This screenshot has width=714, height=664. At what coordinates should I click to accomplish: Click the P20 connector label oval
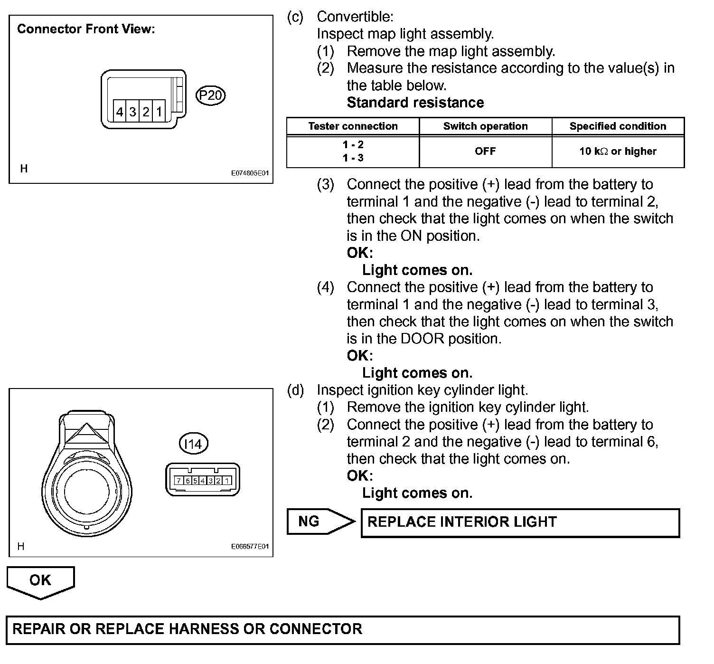[x=210, y=95]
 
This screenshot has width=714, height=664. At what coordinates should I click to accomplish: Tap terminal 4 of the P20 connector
[x=120, y=112]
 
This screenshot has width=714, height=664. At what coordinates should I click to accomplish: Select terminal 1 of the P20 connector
[x=159, y=112]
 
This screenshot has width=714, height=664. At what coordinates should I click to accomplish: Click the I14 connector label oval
[x=194, y=444]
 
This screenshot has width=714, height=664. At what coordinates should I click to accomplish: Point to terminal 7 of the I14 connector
[x=179, y=481]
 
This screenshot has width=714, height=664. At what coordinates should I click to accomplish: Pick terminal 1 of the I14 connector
[x=227, y=481]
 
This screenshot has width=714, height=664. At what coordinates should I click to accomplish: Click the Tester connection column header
[x=353, y=126]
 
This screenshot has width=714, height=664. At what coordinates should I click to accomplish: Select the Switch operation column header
[x=485, y=126]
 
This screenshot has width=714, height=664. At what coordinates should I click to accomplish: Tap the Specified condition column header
[x=618, y=126]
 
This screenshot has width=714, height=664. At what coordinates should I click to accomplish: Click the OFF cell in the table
[x=485, y=152]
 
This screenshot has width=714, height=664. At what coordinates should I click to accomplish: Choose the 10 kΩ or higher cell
[x=618, y=152]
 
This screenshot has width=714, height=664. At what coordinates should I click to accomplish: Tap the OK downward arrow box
[x=40, y=581]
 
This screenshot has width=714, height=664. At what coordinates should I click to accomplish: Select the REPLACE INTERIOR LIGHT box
[x=520, y=522]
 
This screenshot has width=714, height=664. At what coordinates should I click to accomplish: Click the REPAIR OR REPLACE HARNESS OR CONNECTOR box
[x=343, y=629]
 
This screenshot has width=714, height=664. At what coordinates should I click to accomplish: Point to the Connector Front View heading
[x=86, y=29]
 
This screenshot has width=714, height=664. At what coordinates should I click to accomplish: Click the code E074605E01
[x=250, y=174]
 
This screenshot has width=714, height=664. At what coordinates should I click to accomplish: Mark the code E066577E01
[x=250, y=547]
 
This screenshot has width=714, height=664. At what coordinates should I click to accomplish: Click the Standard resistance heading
[x=415, y=103]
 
